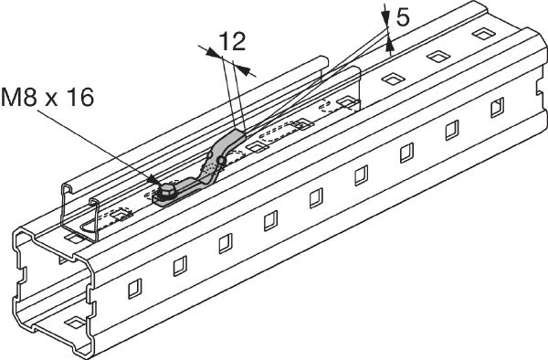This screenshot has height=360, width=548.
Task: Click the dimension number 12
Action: point(233,42)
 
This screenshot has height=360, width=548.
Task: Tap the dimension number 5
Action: point(403,17)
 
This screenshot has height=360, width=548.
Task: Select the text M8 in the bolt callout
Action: point(19,97)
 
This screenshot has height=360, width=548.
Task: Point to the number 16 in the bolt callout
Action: point(80,97)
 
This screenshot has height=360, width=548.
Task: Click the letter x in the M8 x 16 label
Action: point(51,100)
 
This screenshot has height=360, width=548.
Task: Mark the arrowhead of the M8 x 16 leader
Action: point(153,180)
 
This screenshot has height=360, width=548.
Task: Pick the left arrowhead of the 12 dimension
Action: point(213,53)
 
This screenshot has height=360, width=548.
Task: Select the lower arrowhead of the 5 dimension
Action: point(390,46)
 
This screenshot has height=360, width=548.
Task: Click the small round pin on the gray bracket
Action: point(220,161)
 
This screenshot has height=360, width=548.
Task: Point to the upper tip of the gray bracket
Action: point(239,131)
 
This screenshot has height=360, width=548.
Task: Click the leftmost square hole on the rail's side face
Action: point(134,289)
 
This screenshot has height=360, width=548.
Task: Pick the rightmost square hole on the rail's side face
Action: point(498,107)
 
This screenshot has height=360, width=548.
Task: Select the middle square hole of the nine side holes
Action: point(316,198)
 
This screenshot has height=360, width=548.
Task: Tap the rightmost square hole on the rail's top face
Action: point(484,34)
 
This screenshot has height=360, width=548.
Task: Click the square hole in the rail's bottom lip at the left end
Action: point(75,323)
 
